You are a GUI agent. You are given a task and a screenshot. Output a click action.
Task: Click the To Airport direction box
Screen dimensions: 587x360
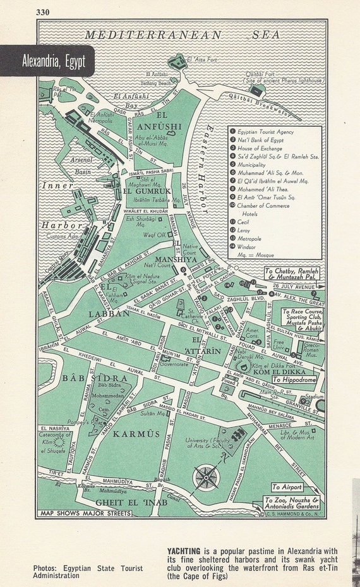(x=287, y=487)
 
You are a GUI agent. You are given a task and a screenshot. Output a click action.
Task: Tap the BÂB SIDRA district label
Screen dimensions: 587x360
(x=86, y=378)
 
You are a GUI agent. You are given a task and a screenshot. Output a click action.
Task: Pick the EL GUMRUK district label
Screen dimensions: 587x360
(x=146, y=190)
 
